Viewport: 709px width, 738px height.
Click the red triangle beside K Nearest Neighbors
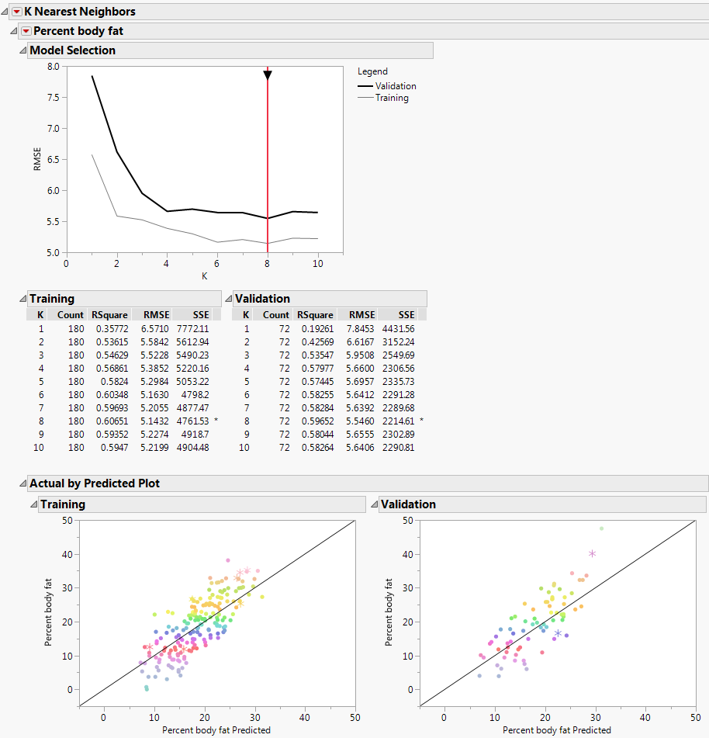tap(17, 12)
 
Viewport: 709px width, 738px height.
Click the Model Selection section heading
tap(72, 50)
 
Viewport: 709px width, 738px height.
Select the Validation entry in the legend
tap(396, 86)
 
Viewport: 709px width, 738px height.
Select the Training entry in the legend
tap(392, 98)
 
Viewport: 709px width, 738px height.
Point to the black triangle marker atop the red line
tap(268, 75)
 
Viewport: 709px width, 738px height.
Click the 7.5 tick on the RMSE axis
tap(53, 97)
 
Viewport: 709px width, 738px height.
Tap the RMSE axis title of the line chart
tap(37, 159)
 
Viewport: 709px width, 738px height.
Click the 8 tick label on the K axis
tap(268, 264)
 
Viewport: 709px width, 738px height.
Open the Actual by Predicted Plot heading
tap(95, 483)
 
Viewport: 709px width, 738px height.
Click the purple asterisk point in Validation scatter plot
tap(592, 553)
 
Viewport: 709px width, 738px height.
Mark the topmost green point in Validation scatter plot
tap(601, 528)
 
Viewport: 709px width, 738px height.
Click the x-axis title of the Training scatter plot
tap(216, 730)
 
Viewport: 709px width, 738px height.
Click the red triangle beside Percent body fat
tap(26, 31)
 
